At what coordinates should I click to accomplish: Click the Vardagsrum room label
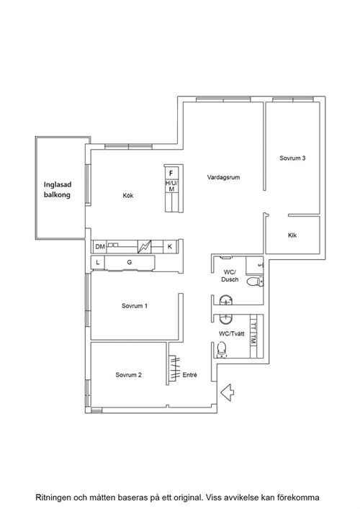click(x=223, y=177)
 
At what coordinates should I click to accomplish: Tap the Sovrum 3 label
click(x=292, y=158)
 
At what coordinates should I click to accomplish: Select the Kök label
click(x=128, y=195)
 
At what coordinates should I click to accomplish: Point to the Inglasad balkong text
click(x=58, y=189)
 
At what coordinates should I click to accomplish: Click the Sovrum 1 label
click(x=135, y=306)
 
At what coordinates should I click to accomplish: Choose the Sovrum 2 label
click(x=129, y=375)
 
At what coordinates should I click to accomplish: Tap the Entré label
click(x=189, y=375)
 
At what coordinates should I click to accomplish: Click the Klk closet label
click(x=292, y=235)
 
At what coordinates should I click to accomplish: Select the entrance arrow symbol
click(x=228, y=392)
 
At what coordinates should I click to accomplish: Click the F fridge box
click(x=171, y=174)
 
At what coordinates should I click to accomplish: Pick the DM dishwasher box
click(x=100, y=247)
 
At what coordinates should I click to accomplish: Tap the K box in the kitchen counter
click(x=169, y=247)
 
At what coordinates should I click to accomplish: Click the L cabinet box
click(x=98, y=262)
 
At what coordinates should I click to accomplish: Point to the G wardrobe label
click(x=129, y=262)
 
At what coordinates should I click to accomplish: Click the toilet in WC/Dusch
click(x=254, y=281)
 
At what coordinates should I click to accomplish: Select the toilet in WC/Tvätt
click(x=221, y=349)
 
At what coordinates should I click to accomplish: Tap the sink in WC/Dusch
click(x=225, y=300)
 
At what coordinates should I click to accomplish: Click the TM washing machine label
click(x=253, y=339)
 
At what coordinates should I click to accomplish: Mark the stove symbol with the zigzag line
click(x=145, y=247)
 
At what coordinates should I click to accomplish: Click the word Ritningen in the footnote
click(x=53, y=497)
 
